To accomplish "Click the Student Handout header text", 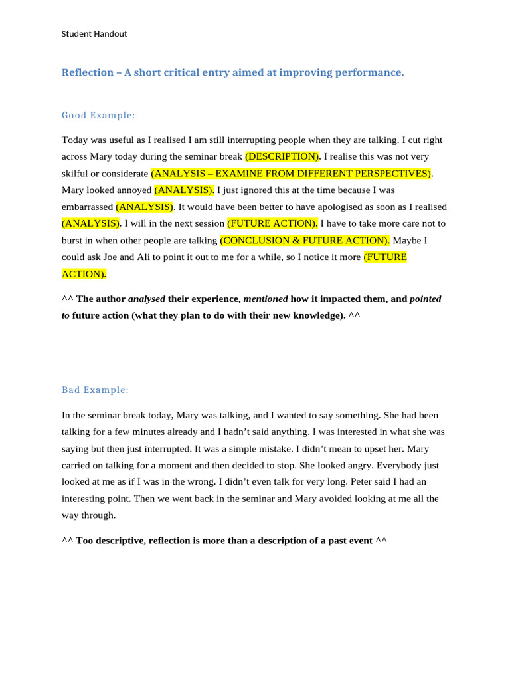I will tap(94, 34).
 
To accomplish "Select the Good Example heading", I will tap(98, 115).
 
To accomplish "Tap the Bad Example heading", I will tap(96, 390).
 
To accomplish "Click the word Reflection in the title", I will tap(88, 72).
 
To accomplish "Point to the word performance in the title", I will tap(371, 72).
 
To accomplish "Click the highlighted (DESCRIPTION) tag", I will tap(282, 156).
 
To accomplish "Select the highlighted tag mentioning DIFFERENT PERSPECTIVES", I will tap(292, 173).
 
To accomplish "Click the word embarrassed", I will tap(87, 207).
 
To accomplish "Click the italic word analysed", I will tap(146, 299).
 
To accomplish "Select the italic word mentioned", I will tap(266, 299).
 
